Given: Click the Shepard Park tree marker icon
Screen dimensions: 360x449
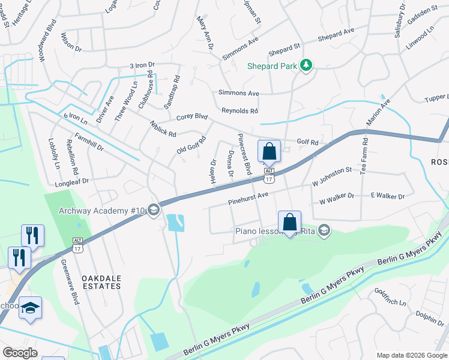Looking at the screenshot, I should tap(306, 65).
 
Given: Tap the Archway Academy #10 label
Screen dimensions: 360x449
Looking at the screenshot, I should tap(103, 210).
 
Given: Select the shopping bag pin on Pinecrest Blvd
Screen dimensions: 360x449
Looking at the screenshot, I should tap(269, 151).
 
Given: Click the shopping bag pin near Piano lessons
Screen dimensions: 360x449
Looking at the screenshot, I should tap(289, 222).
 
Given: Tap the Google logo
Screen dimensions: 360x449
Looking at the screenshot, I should tap(20, 353).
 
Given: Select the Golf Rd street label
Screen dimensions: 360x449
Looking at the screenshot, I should tap(307, 142).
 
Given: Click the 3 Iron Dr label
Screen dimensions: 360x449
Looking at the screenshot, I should tap(142, 65).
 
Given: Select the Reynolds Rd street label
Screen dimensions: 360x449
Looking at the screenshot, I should tap(240, 111).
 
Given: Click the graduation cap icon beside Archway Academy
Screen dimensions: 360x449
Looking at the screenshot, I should tap(153, 209).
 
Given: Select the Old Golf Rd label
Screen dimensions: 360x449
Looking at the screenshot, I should tap(191, 145).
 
